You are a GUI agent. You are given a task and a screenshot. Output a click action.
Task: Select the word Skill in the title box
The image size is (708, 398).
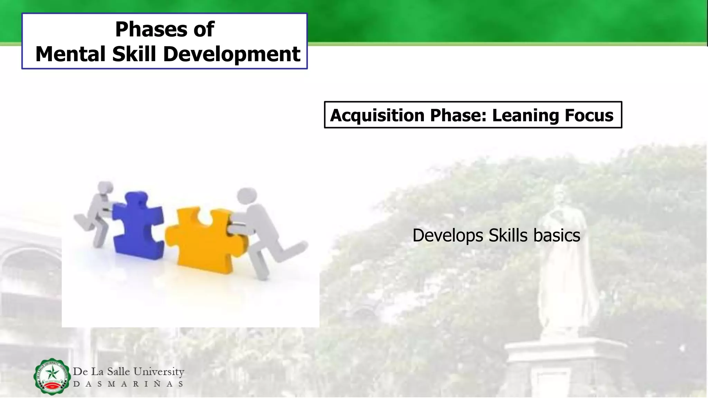click(134, 54)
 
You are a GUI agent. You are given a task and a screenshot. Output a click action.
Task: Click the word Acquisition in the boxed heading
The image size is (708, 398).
click(377, 115)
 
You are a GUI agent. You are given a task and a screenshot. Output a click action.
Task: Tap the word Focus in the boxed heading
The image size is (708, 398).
click(589, 115)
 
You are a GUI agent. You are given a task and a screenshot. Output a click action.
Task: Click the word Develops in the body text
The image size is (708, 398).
click(448, 236)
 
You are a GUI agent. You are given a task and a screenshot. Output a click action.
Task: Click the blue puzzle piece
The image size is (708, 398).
click(138, 226)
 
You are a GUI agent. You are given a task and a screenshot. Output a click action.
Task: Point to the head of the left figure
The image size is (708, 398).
click(105, 188)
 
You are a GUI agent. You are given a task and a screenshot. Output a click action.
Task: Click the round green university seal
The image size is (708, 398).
click(52, 376)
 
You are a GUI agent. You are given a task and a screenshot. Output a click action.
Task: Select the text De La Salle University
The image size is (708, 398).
click(129, 372)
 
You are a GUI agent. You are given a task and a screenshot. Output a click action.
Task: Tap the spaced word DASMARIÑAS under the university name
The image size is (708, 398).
click(129, 384)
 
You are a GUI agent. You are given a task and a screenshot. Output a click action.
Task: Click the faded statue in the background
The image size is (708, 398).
click(563, 263)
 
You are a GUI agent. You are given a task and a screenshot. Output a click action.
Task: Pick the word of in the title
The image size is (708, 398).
click(204, 29)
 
